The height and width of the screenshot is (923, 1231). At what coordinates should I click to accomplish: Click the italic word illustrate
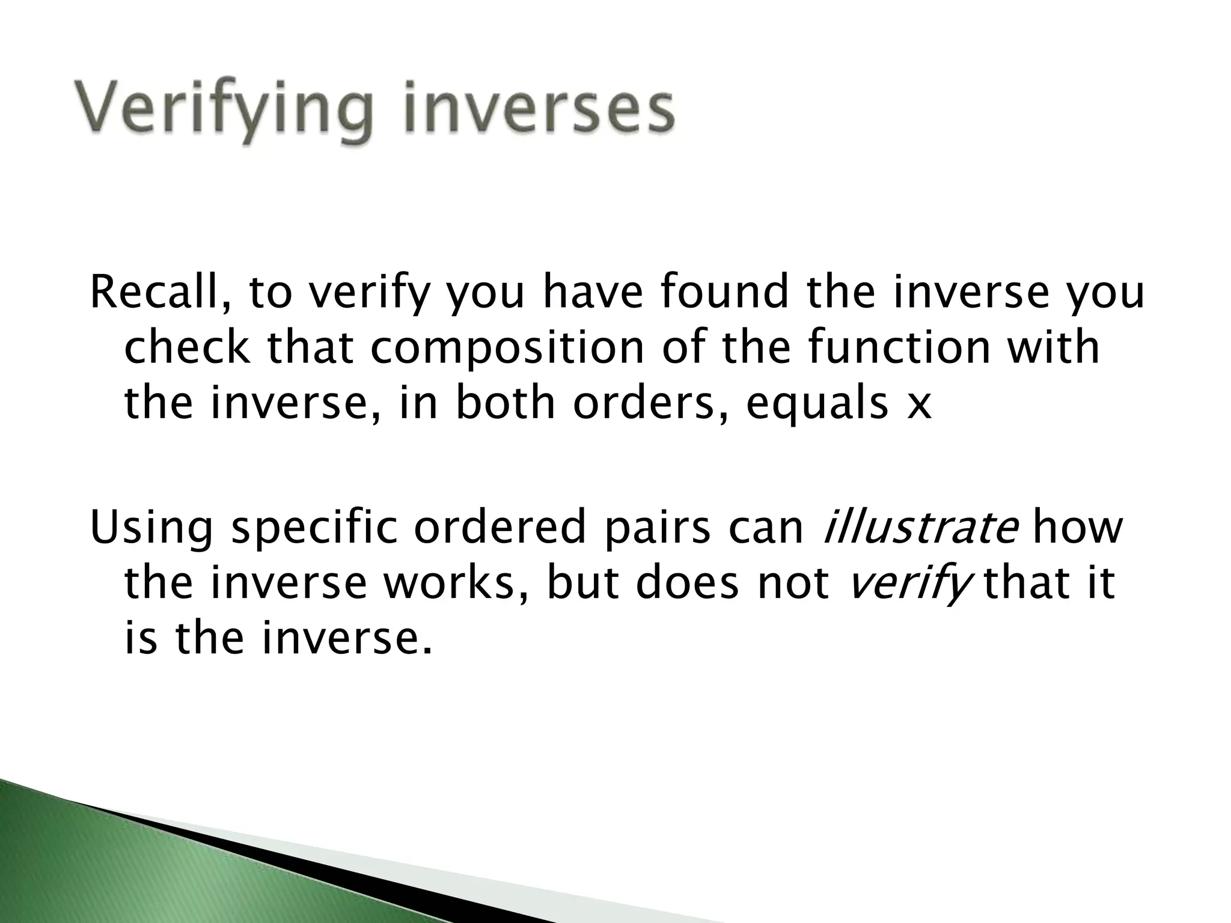pyautogui.click(x=920, y=528)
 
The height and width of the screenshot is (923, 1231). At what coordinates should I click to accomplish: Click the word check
pyautogui.click(x=186, y=349)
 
